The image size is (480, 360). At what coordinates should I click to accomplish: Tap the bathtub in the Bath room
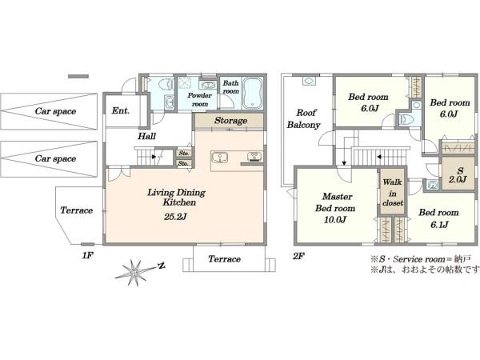(x=253, y=93)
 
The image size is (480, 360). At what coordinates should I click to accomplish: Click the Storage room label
(x=231, y=121)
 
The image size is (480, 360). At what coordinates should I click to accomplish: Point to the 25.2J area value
(x=175, y=217)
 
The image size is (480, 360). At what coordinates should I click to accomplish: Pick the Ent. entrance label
(x=121, y=110)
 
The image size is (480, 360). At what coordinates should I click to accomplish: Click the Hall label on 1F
(x=147, y=136)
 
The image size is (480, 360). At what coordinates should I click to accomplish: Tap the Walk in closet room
(x=393, y=192)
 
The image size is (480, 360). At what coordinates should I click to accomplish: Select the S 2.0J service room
(x=458, y=174)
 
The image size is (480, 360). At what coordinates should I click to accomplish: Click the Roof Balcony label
(x=304, y=118)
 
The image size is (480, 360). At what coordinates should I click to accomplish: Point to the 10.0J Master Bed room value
(x=335, y=220)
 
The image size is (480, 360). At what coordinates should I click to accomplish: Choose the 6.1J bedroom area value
(x=439, y=225)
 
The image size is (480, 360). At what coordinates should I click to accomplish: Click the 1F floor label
(x=87, y=256)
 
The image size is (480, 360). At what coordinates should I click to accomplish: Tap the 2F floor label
(x=298, y=256)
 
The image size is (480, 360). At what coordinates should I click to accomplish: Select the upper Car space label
(x=55, y=111)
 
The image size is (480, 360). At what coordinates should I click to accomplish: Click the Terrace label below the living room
(x=224, y=259)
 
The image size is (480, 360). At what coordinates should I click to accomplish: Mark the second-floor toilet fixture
(x=406, y=118)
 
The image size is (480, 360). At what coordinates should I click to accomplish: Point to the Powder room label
(x=199, y=100)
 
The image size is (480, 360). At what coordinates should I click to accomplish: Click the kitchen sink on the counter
(x=219, y=158)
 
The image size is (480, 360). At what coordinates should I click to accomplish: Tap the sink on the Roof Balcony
(x=308, y=81)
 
